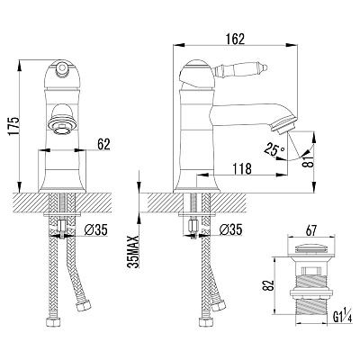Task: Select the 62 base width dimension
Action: pos(103,144)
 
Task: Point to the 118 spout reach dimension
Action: pos(242,169)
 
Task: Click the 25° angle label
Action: pos(274,149)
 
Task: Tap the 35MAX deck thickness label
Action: pos(133,251)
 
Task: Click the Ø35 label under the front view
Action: pos(95,230)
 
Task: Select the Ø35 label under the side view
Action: pos(230,230)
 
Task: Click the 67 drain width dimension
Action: pos(310,230)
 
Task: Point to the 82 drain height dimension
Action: pos(269,285)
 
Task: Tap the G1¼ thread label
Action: pos(342,317)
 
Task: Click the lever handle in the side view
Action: pos(240,70)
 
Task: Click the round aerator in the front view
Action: pos(62,127)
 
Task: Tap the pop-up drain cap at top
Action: pos(310,248)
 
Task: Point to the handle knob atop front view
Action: pos(62,68)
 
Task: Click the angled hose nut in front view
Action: pos(83,306)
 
